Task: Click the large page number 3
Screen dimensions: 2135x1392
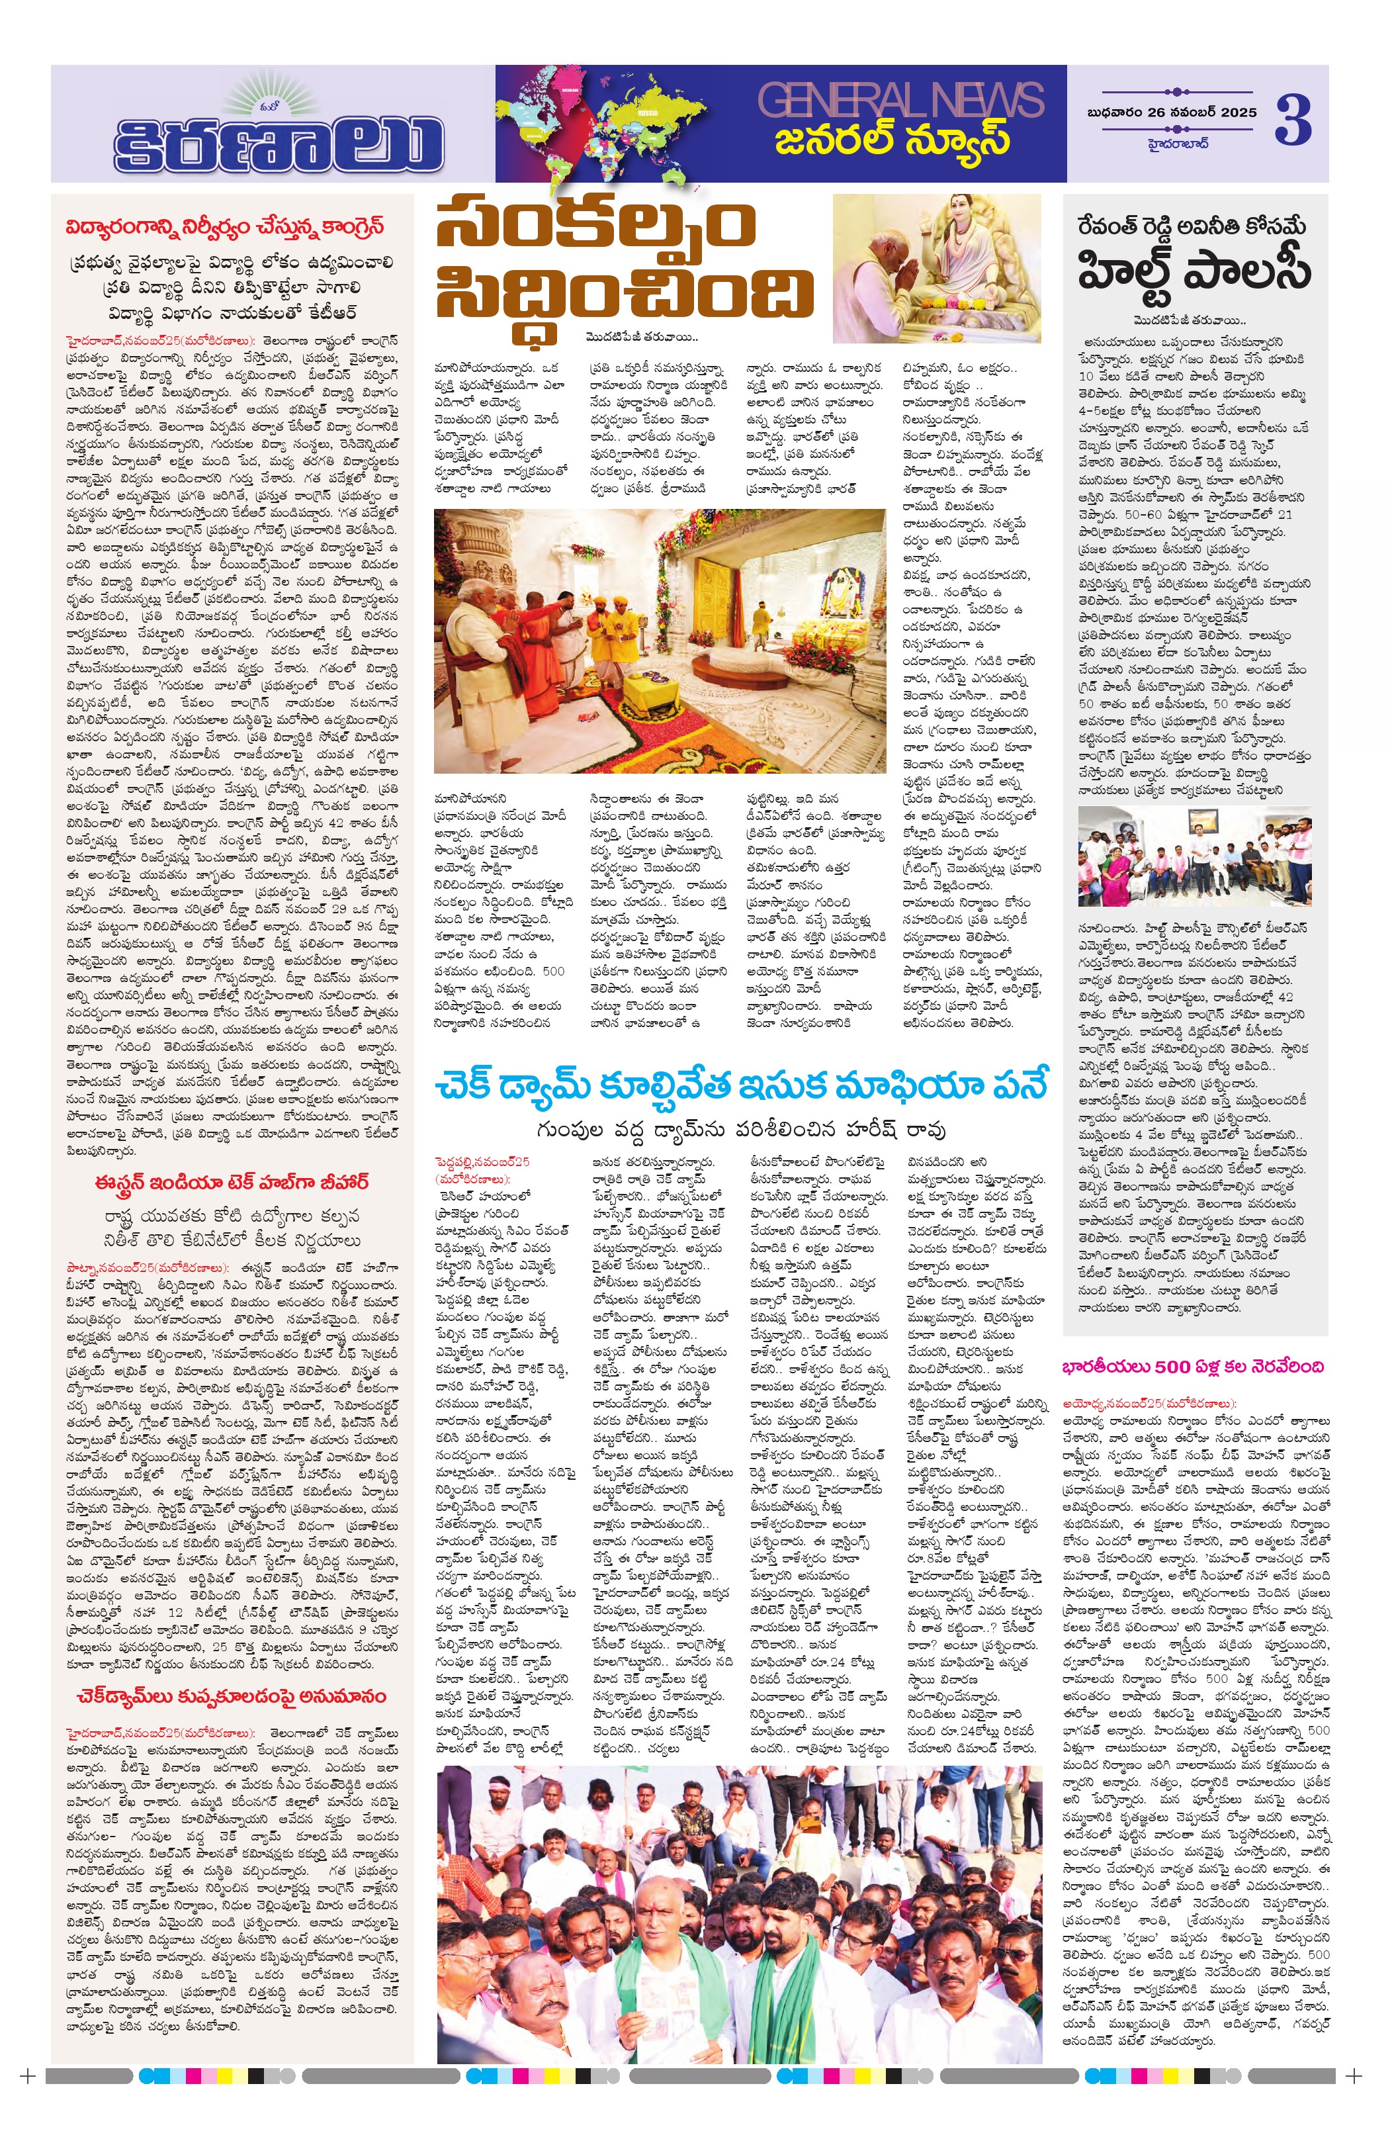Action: pos(1293,120)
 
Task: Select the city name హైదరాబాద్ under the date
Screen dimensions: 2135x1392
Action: pos(1178,143)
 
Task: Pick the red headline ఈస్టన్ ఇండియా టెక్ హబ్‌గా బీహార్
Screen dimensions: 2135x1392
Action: pos(232,1182)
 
